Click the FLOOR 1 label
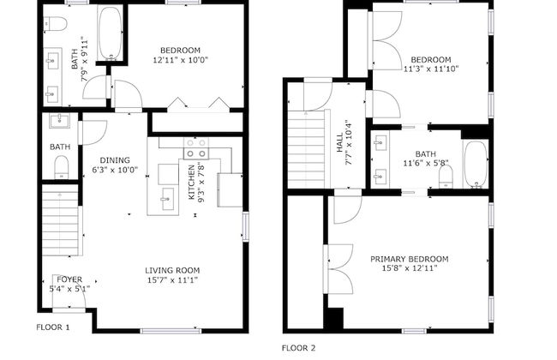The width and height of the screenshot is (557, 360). [x=52, y=327]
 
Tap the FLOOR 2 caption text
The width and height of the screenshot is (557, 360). [x=299, y=348]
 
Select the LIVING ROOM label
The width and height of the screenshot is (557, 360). [x=171, y=270]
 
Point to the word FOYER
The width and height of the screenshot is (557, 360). [x=69, y=279]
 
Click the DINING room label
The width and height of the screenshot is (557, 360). [x=115, y=159]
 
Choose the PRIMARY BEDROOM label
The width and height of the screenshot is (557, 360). [x=409, y=259]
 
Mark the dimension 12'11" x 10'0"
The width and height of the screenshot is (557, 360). [x=180, y=60]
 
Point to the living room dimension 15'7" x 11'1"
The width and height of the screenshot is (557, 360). [x=171, y=280]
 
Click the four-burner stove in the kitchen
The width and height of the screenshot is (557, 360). [x=195, y=147]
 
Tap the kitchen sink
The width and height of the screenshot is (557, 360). [x=165, y=203]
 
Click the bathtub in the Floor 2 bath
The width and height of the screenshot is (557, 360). [x=475, y=163]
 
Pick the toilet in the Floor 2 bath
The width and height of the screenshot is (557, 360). [x=446, y=177]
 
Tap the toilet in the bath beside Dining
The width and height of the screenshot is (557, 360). [x=61, y=170]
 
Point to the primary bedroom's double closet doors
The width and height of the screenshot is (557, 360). [x=337, y=267]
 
